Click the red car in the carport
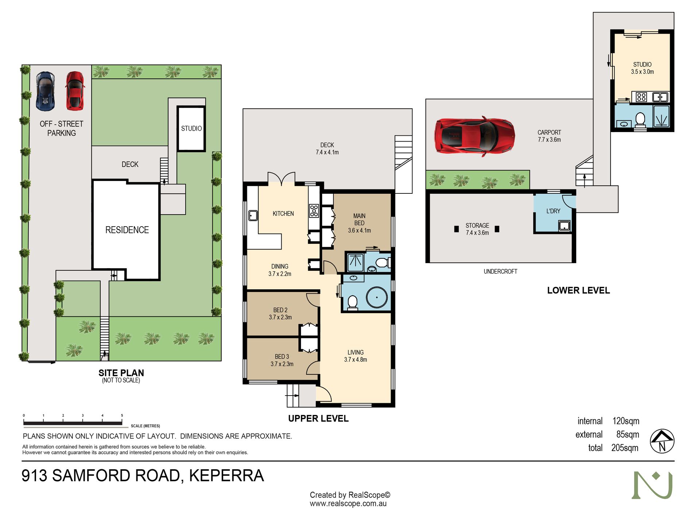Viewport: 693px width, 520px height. click(474, 136)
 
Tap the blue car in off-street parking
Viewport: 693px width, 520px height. click(45, 91)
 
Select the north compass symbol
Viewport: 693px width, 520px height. click(662, 441)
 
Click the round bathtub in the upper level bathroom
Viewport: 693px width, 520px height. click(377, 298)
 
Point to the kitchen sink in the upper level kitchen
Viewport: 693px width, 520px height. click(253, 215)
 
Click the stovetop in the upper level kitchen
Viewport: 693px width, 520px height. click(314, 211)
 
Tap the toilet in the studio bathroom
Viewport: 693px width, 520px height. click(640, 119)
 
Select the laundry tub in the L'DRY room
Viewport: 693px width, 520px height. click(564, 226)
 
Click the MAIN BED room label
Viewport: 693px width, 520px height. click(359, 220)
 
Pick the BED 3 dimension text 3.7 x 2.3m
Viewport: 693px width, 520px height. click(282, 364)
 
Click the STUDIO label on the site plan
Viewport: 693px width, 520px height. click(191, 128)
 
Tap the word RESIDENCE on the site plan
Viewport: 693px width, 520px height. click(127, 230)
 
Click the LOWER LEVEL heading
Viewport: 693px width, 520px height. click(578, 290)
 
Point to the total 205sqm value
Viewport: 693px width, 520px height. click(625, 448)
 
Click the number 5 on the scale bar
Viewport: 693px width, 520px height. click(122, 415)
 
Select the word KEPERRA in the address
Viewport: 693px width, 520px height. click(226, 476)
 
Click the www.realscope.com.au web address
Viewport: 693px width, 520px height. click(348, 504)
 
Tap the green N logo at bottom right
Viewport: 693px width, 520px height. click(652, 485)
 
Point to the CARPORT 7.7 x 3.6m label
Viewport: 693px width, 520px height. click(549, 136)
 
